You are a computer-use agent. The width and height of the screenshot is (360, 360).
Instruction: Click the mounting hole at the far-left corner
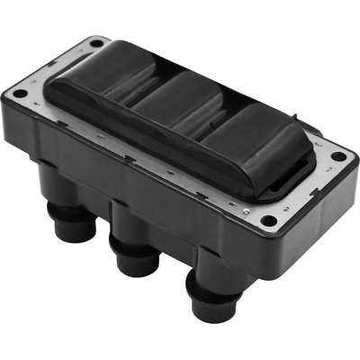(x=18, y=90)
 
